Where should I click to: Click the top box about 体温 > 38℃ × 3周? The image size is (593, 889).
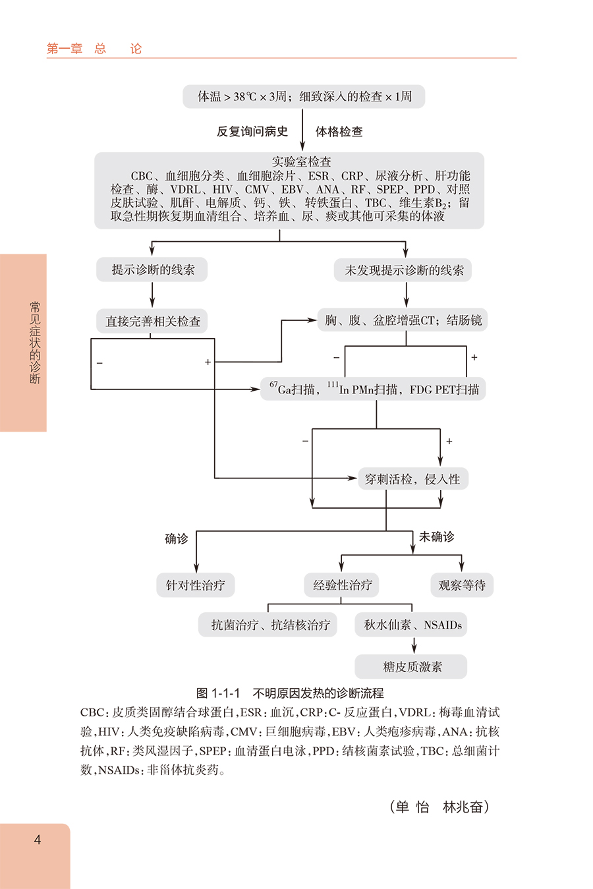tap(304, 96)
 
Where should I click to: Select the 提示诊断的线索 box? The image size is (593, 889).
tap(153, 270)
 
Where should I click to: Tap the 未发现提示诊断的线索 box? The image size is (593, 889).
tap(404, 270)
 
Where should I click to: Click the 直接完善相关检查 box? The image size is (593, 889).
tap(153, 321)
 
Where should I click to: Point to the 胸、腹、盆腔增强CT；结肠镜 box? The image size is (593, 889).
tap(403, 320)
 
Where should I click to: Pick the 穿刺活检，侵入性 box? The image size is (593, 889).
tap(412, 479)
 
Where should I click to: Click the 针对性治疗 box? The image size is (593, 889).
tap(196, 585)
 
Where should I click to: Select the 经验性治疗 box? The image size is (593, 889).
tap(343, 585)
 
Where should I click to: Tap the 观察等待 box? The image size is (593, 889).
tap(462, 585)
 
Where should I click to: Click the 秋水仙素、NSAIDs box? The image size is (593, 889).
tap(412, 625)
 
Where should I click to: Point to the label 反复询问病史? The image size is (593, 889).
tap(252, 132)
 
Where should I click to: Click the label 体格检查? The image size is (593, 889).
tap(339, 132)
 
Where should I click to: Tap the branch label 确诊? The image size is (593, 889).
tap(177, 538)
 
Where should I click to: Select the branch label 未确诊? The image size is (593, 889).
tap(436, 536)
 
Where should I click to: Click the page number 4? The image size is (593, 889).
tap(38, 840)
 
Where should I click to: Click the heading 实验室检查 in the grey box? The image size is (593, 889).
tap(302, 161)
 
